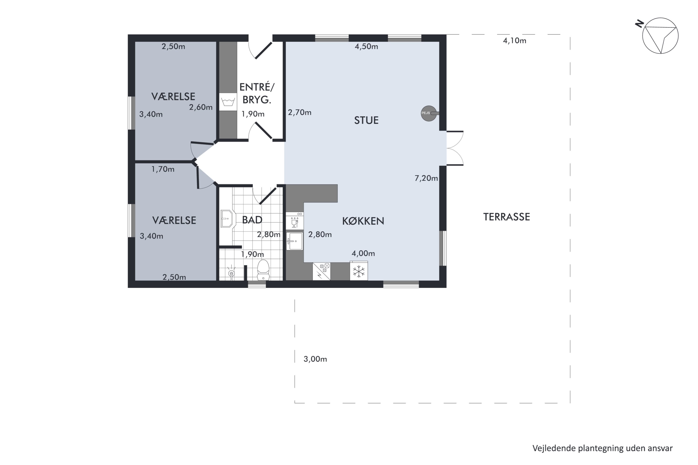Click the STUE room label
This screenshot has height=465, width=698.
tap(366, 120)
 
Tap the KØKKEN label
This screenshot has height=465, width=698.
tap(363, 221)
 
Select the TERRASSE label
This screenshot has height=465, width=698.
tap(507, 217)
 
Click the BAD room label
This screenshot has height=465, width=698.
tap(252, 220)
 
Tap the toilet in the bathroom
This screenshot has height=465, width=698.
tap(263, 270)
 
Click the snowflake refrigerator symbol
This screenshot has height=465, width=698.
tap(359, 271)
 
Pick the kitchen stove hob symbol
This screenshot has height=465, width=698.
tap(321, 271)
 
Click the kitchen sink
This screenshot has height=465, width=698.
tap(295, 241)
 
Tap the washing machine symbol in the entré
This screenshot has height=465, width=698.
tap(228, 102)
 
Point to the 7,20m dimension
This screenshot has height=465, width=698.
tap(426, 178)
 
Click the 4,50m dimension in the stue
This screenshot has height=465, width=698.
tap(366, 46)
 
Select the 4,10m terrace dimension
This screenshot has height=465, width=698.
tap(515, 41)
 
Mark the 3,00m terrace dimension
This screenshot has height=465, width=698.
tap(315, 359)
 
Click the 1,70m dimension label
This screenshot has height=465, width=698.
tap(163, 169)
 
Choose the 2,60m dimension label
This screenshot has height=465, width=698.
tap(201, 107)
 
